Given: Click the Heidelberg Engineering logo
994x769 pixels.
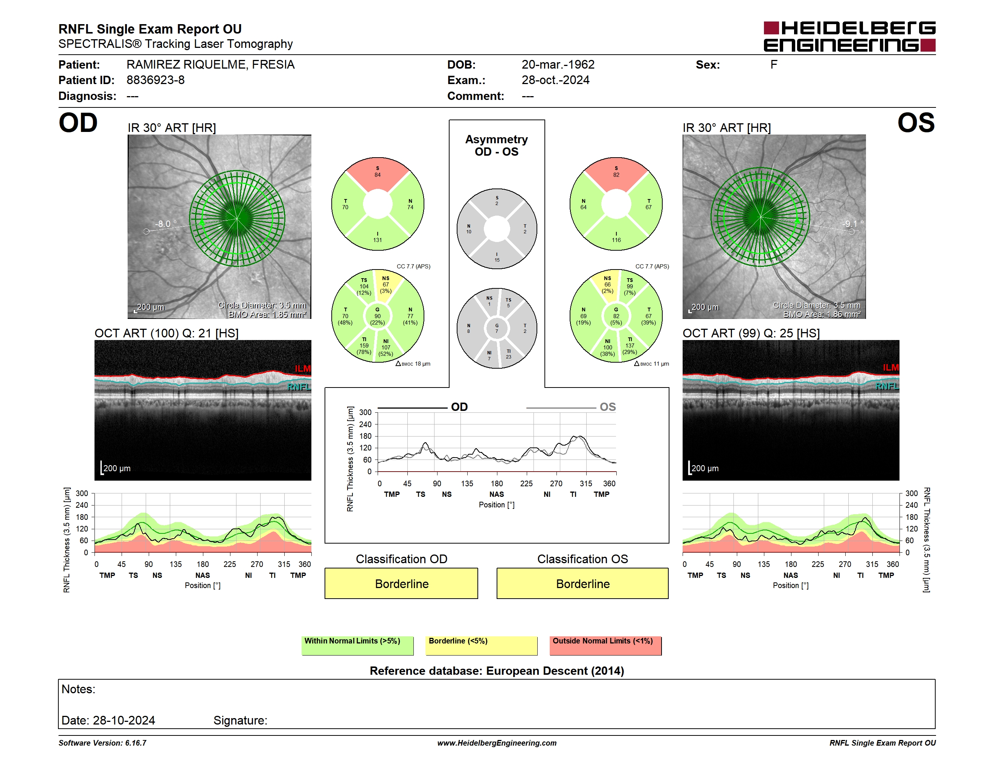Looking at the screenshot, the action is click(x=849, y=37).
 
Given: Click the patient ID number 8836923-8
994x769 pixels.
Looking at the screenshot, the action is click(x=156, y=80).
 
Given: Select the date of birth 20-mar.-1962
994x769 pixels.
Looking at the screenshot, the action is click(x=558, y=65).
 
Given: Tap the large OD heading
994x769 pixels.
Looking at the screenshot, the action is click(x=78, y=123).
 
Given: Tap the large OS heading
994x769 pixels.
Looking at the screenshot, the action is click(x=916, y=123).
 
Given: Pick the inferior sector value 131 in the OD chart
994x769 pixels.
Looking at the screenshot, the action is click(x=378, y=240).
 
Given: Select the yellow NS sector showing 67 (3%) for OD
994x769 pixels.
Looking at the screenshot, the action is click(x=386, y=285).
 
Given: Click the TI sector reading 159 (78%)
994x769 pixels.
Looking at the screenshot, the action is click(x=364, y=346).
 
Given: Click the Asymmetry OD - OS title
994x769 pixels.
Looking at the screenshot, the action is click(x=497, y=146).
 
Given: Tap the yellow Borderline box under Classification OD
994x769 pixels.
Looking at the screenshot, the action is click(x=401, y=583).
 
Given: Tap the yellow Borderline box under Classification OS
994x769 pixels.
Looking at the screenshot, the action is click(x=582, y=583).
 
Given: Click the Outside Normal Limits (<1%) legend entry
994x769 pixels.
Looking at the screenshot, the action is click(x=605, y=645).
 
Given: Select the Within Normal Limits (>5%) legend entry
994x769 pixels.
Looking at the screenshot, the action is click(x=357, y=645).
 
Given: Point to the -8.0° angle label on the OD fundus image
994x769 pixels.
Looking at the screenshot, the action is click(x=165, y=224).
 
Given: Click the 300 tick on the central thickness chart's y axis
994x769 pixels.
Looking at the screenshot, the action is click(x=366, y=412).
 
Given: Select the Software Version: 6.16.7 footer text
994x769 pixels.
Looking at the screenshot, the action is click(x=102, y=743).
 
